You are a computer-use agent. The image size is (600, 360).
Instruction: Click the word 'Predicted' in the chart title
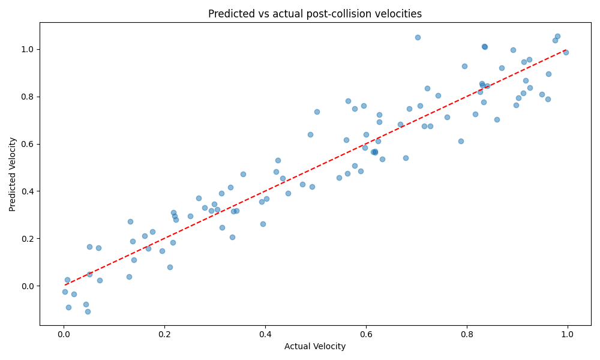(229, 14)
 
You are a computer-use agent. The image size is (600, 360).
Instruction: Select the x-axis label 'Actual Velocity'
(315, 347)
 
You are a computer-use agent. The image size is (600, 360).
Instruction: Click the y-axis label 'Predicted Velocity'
(13, 174)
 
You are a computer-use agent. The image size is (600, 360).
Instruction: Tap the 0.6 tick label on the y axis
(28, 144)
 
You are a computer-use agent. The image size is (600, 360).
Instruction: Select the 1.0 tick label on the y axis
(28, 49)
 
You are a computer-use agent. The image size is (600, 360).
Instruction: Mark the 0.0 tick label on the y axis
(28, 286)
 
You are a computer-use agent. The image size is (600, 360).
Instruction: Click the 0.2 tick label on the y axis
(28, 239)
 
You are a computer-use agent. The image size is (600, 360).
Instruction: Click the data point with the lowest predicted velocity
(88, 311)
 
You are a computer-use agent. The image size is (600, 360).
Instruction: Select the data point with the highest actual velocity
(566, 52)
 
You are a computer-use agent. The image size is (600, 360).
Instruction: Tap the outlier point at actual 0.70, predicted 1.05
(418, 37)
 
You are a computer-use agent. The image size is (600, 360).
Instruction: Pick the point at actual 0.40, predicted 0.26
(263, 224)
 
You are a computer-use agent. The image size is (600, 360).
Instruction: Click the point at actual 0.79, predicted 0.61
(461, 141)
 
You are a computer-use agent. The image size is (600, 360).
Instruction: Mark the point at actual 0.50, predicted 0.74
(317, 112)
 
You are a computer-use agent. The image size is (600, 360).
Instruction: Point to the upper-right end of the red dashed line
(567, 50)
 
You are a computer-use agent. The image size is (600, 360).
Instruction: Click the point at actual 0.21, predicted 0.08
(170, 267)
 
